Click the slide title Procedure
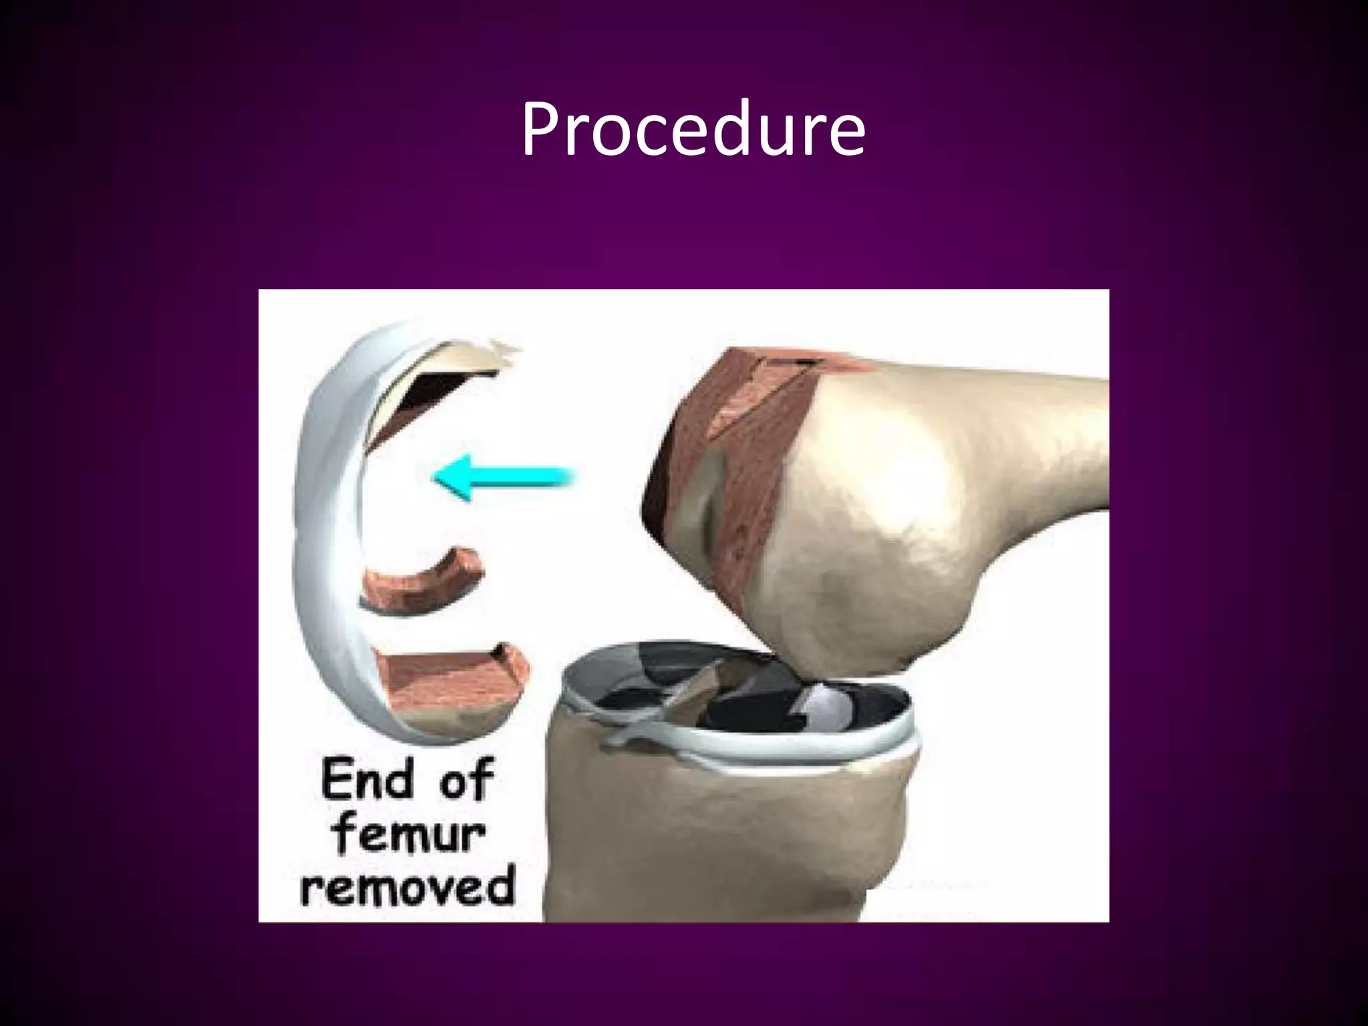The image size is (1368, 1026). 693,131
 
